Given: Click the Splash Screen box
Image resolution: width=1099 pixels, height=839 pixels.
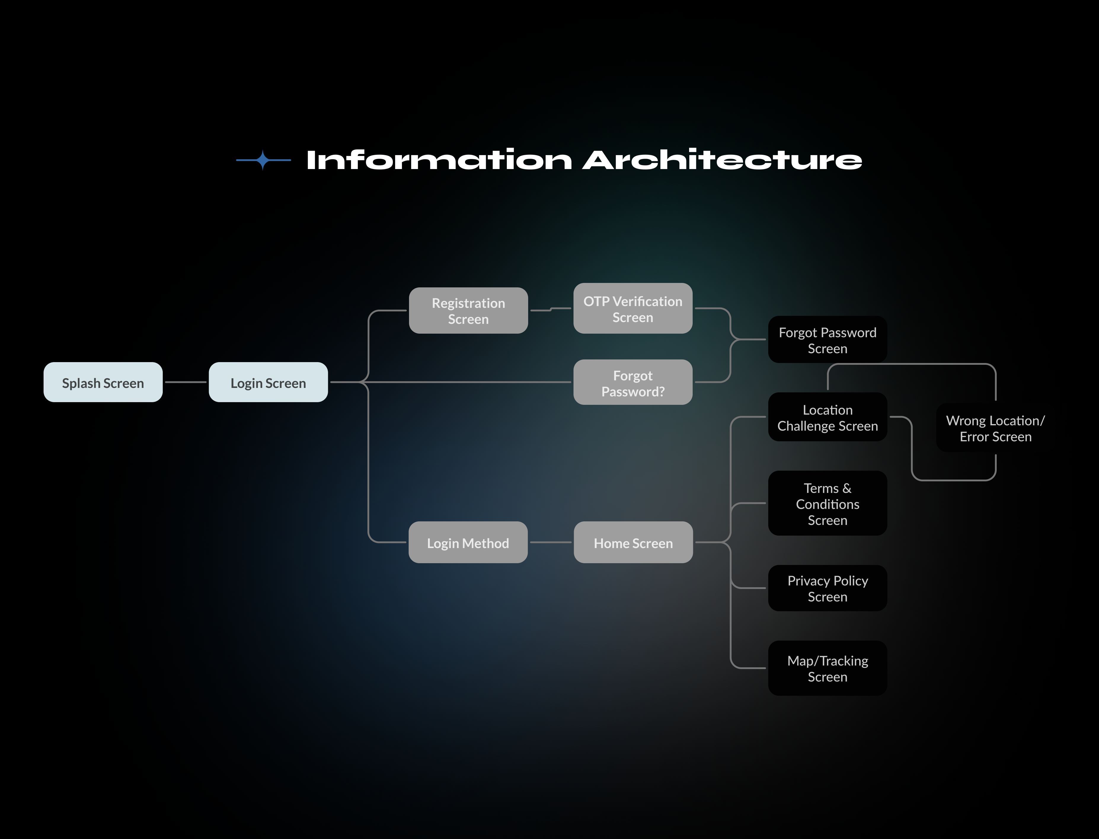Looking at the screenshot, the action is coord(103,382).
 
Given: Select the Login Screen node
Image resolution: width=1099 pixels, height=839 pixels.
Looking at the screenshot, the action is coord(268,382).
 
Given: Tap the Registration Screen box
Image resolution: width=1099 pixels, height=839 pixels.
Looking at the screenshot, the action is coord(468,310).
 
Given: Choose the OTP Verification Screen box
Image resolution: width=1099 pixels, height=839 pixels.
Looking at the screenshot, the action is coord(633,308).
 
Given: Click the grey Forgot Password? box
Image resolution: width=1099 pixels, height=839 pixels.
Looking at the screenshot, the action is coord(633,382).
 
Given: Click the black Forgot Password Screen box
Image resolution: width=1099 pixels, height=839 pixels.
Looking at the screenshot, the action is coord(828,340).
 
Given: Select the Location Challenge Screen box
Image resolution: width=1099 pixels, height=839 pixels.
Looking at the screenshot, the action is coord(828,417).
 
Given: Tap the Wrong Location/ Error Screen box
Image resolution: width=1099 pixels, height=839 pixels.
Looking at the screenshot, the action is coord(996,428).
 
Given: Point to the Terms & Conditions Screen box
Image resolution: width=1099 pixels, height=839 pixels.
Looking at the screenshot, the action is coord(828,503).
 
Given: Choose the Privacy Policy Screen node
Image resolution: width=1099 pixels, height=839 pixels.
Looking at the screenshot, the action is coord(828,588).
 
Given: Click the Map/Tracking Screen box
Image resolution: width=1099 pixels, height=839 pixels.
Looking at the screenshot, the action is coord(828,668).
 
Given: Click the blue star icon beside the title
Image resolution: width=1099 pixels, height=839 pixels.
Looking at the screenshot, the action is coord(263,160).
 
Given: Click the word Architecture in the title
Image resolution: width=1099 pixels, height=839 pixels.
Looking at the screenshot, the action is coord(723,160).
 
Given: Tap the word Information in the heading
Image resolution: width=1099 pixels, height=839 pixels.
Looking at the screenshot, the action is coord(439,160).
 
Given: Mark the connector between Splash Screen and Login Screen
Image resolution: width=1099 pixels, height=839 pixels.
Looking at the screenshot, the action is coord(186,382).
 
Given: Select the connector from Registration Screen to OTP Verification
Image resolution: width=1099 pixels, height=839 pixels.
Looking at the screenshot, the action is coord(551,309).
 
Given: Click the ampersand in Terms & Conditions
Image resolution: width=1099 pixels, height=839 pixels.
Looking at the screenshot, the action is coord(847,488).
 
